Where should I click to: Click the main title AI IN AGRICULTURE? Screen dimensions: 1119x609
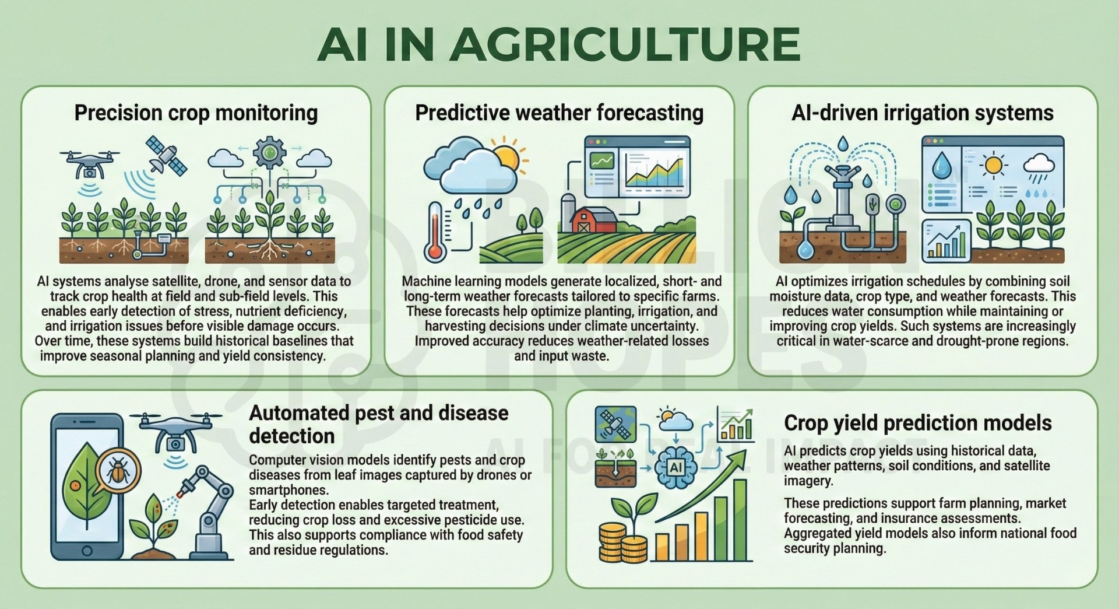pos(559,44)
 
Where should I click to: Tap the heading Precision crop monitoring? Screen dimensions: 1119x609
pos(196,113)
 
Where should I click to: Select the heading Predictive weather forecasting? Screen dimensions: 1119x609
pos(559,113)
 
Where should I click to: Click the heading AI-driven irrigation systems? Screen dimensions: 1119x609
pos(922,113)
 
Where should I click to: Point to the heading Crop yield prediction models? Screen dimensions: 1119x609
pos(917,423)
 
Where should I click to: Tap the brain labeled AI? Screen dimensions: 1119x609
pos(676,467)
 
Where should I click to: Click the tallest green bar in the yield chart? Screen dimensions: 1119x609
pos(740,519)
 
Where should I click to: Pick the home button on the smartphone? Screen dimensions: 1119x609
pos(87,551)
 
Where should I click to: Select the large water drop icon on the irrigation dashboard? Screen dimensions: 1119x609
pos(941,165)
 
